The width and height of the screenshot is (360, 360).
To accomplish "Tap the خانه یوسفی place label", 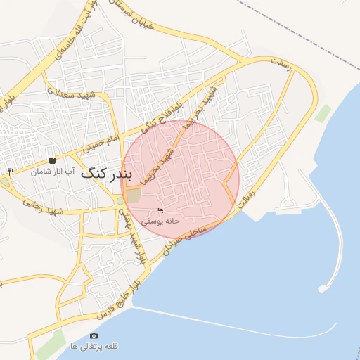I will pos(161,220).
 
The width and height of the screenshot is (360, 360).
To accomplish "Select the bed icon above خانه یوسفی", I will pos(160,211).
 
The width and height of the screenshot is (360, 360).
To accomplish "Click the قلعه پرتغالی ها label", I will pos(94,346).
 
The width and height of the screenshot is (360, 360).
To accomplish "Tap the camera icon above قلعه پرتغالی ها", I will pos(94,336).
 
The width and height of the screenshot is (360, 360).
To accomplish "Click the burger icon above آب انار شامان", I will pos(52,160).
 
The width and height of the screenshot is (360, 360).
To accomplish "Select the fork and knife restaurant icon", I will pos(10,172).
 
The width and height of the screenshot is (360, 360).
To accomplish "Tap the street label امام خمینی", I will pos(99,143).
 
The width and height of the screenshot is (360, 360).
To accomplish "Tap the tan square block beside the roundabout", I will pos(134,197).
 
